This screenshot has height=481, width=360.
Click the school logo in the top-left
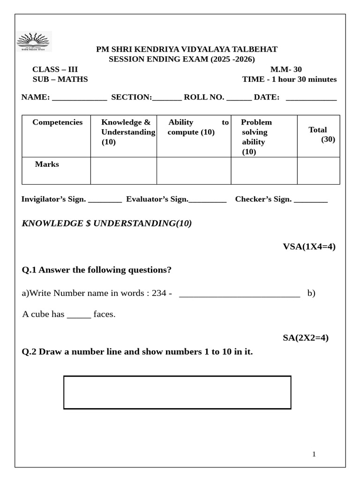pos(34,41)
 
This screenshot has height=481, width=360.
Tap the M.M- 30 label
pos(286,70)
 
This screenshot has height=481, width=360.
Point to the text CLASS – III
pos(55,70)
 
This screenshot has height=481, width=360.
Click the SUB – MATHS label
pos(60,79)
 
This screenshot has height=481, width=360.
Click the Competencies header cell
pos(57,123)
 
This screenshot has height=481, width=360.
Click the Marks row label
pos(47,164)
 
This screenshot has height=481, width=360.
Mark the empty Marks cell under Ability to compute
pos(194,171)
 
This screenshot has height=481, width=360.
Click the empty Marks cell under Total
pos(318,171)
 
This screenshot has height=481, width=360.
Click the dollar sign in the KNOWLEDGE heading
pos(88,224)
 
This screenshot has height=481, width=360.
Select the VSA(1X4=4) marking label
pos(309,247)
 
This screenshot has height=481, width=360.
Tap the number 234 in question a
pos(159,293)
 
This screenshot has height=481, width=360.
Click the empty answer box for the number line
pos(177,392)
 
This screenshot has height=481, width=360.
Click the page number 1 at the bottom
pos(314,454)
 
